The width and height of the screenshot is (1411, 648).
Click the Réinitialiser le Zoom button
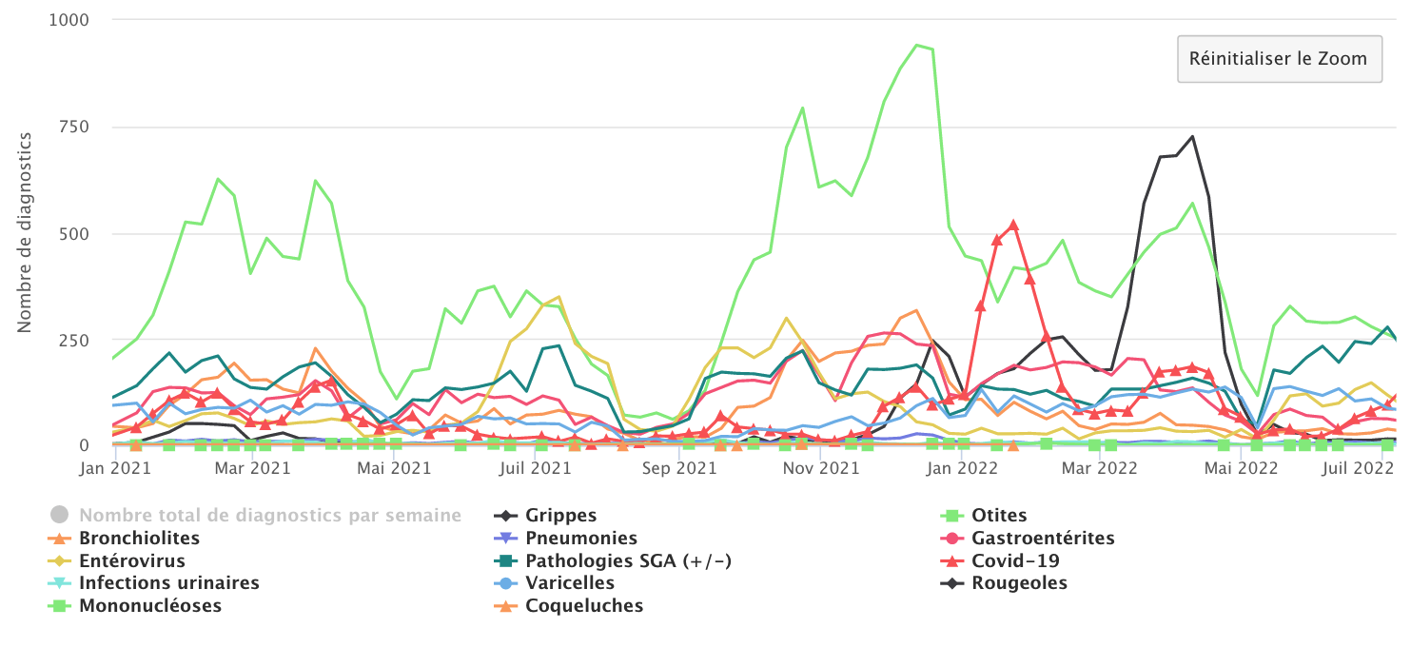1279,59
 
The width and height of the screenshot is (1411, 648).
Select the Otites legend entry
999,516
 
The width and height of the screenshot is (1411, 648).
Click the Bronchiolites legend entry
139,539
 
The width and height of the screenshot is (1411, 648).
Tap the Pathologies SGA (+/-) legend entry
628,561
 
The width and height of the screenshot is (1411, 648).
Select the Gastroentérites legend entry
1042,539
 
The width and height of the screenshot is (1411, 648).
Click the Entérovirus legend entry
132,561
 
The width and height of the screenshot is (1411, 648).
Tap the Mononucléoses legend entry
150,606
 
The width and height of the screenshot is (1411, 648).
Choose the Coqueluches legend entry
583,606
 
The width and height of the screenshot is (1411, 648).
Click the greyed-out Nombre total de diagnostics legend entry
269,516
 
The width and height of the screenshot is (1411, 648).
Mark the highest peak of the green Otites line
916,45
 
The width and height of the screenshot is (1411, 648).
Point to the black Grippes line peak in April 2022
1192,136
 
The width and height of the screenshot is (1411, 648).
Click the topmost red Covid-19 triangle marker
1013,226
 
